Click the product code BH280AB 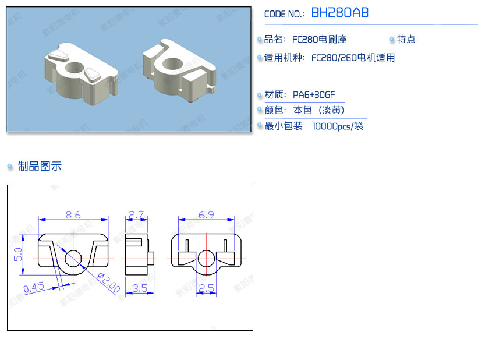pos(339,13)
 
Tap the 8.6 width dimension pos(73,215)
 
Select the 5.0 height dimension pos(18,254)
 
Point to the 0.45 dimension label pos(34,287)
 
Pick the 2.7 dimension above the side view pos(136,215)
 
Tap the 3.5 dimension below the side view pos(140,288)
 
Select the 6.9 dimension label pos(206,215)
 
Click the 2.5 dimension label pos(207,288)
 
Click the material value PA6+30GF pos(314,95)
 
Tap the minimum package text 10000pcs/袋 pos(338,126)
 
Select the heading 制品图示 pos(40,166)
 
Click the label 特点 pos(407,40)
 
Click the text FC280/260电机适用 pos(353,58)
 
